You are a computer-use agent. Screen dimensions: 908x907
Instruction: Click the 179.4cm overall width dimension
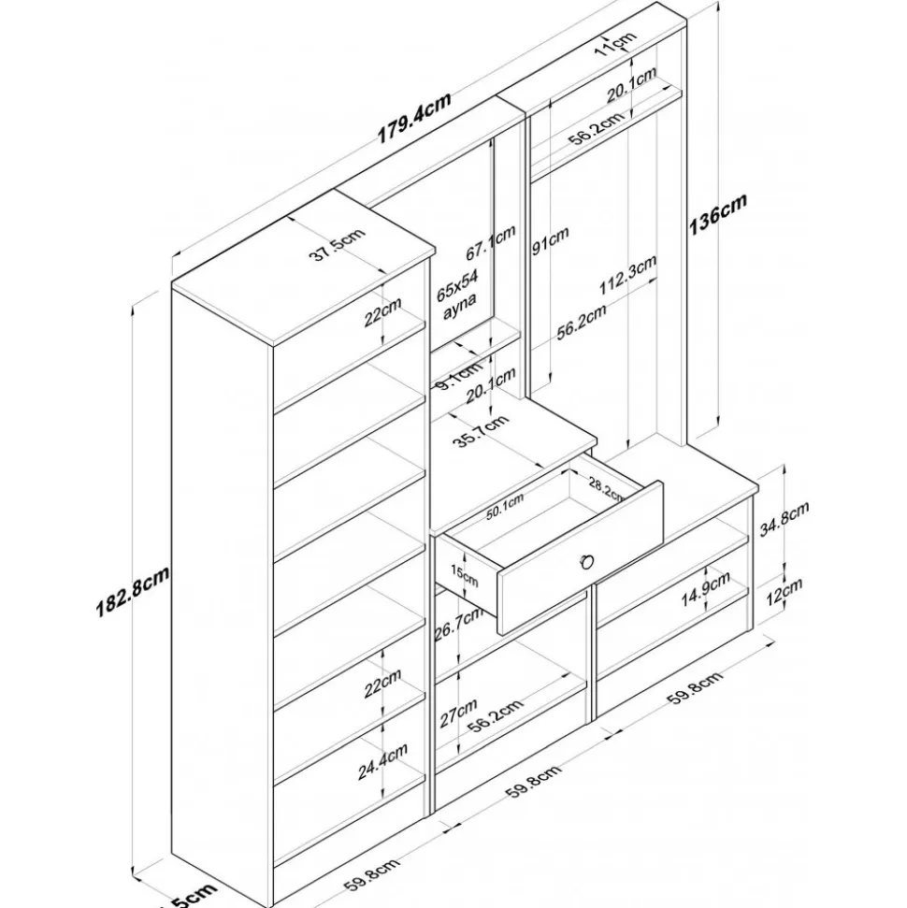[x=414, y=116]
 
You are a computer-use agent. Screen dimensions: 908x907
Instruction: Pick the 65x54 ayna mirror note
[x=458, y=295]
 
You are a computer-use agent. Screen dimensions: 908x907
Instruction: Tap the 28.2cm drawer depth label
[x=608, y=491]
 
